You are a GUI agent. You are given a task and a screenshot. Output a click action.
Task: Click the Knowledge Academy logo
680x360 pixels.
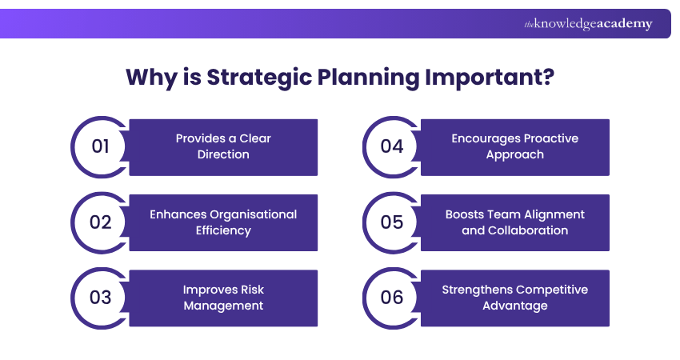coord(588,24)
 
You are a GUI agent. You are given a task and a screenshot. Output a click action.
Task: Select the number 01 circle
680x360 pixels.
coord(100,146)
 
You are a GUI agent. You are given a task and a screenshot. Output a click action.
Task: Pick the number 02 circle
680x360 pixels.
coord(100,222)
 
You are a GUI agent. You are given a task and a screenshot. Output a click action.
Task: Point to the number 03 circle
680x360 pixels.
coord(100,298)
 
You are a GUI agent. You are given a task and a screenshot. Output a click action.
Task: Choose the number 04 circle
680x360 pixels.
coord(391,146)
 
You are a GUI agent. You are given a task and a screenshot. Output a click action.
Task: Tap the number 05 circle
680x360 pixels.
coord(391,222)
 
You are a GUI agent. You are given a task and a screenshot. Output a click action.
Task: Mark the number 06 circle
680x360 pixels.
coord(391,298)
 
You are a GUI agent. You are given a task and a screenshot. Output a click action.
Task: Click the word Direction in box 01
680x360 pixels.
coord(223,154)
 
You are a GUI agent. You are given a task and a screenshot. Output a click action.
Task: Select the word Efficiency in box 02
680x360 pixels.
coord(223,230)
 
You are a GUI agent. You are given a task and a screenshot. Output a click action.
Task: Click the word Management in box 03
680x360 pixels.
coord(223,306)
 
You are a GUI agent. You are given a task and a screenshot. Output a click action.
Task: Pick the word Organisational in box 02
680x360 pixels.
coord(255,214)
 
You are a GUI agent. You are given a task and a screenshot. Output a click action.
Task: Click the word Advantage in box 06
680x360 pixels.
coord(514,306)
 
